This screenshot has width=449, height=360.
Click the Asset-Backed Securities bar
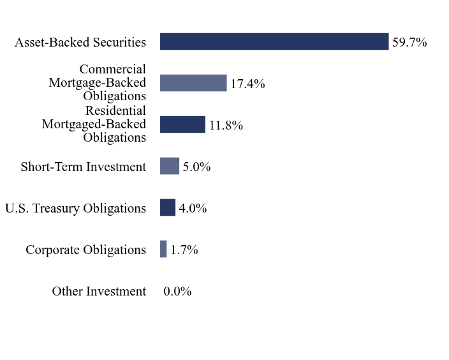(x=274, y=41)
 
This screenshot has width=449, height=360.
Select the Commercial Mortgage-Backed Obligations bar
(x=193, y=83)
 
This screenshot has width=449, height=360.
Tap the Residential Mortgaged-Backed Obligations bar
(x=182, y=124)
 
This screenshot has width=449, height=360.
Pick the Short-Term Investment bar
(x=170, y=166)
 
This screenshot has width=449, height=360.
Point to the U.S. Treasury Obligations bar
(x=168, y=207)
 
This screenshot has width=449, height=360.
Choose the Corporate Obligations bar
(x=163, y=249)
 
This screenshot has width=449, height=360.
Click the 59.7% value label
(x=409, y=42)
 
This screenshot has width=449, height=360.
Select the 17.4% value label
(x=247, y=84)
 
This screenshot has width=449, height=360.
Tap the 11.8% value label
(x=226, y=125)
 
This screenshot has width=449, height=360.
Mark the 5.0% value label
(x=196, y=167)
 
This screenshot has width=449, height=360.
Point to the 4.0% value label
(x=193, y=208)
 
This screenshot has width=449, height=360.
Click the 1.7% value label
(x=184, y=250)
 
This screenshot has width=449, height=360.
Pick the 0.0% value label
(x=177, y=291)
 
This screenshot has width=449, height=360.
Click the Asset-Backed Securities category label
(x=80, y=42)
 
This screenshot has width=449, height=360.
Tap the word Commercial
(x=113, y=69)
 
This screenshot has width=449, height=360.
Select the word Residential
(x=115, y=110)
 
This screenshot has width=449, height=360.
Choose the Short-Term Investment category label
(x=84, y=167)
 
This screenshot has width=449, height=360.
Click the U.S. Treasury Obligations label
(x=76, y=208)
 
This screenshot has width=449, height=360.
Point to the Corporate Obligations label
(x=86, y=250)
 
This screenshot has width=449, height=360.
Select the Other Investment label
(x=99, y=291)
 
